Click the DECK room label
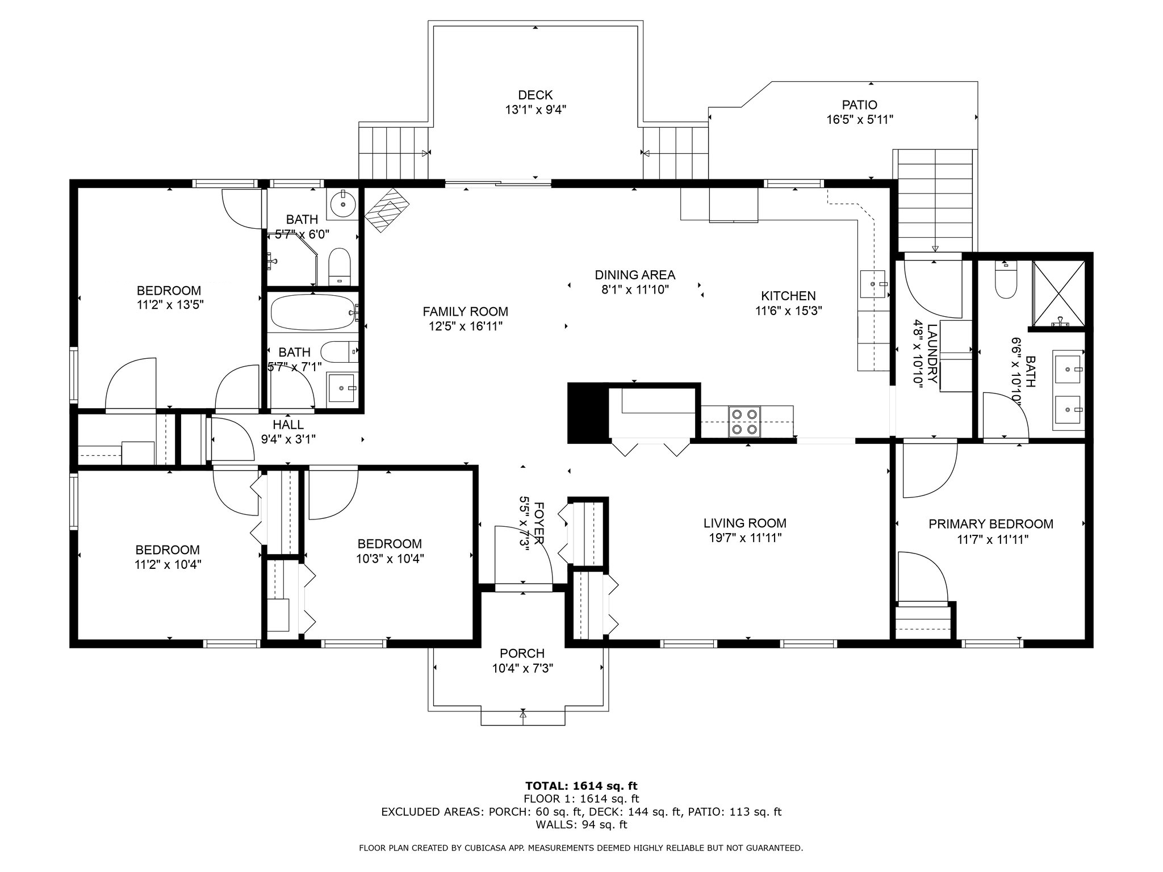tap(535, 95)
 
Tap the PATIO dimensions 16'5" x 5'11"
tap(860, 120)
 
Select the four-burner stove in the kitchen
tap(744, 422)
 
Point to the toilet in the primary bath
tap(1006, 282)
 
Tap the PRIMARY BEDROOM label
tap(990, 524)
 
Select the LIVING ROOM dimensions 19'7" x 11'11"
tap(745, 538)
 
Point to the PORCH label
tap(522, 653)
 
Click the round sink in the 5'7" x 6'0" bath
tap(343, 204)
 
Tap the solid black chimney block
tap(587, 412)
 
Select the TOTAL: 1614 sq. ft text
tap(581, 786)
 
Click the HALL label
tap(288, 424)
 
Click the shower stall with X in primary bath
tap(1059, 294)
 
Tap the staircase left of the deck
tap(393, 153)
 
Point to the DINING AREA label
tap(635, 275)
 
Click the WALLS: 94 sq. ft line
tap(581, 824)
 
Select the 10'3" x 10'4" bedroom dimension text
tap(390, 559)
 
